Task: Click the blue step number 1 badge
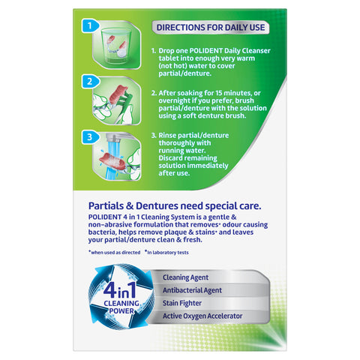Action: pyautogui.click(x=90, y=25)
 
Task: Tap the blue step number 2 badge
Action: pyautogui.click(x=90, y=82)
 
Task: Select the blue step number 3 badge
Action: pyautogui.click(x=90, y=137)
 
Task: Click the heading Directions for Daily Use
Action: pyautogui.click(x=211, y=28)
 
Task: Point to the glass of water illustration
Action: pyautogui.click(x=117, y=46)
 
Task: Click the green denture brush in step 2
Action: pyautogui.click(x=125, y=105)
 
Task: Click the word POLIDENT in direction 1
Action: pyautogui.click(x=205, y=51)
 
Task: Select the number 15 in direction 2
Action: pyautogui.click(x=219, y=93)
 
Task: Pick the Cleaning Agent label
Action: pyautogui.click(x=185, y=277)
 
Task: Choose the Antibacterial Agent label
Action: pyautogui.click(x=192, y=290)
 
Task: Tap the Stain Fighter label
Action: pyautogui.click(x=182, y=303)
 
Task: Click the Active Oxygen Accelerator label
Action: pyautogui.click(x=202, y=316)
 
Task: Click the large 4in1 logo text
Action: pyautogui.click(x=120, y=290)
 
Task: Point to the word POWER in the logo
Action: pyautogui.click(x=121, y=311)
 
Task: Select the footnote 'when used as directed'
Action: pyautogui.click(x=115, y=253)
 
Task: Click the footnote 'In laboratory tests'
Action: pyautogui.click(x=166, y=253)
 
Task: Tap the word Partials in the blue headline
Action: pyautogui.click(x=106, y=206)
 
